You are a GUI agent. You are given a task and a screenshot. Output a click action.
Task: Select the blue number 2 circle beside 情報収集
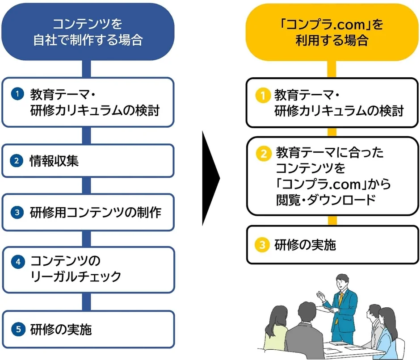(x=17, y=161)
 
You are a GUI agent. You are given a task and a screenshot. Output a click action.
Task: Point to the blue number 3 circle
(x=17, y=212)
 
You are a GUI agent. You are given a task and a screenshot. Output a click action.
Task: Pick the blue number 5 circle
(x=17, y=330)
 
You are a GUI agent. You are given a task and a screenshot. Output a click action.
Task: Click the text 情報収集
(x=55, y=161)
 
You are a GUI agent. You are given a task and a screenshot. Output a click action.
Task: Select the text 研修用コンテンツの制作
(x=96, y=212)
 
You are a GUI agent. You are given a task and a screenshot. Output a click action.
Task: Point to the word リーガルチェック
(x=76, y=276)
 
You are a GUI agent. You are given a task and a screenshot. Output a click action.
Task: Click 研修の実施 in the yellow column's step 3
(x=305, y=245)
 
